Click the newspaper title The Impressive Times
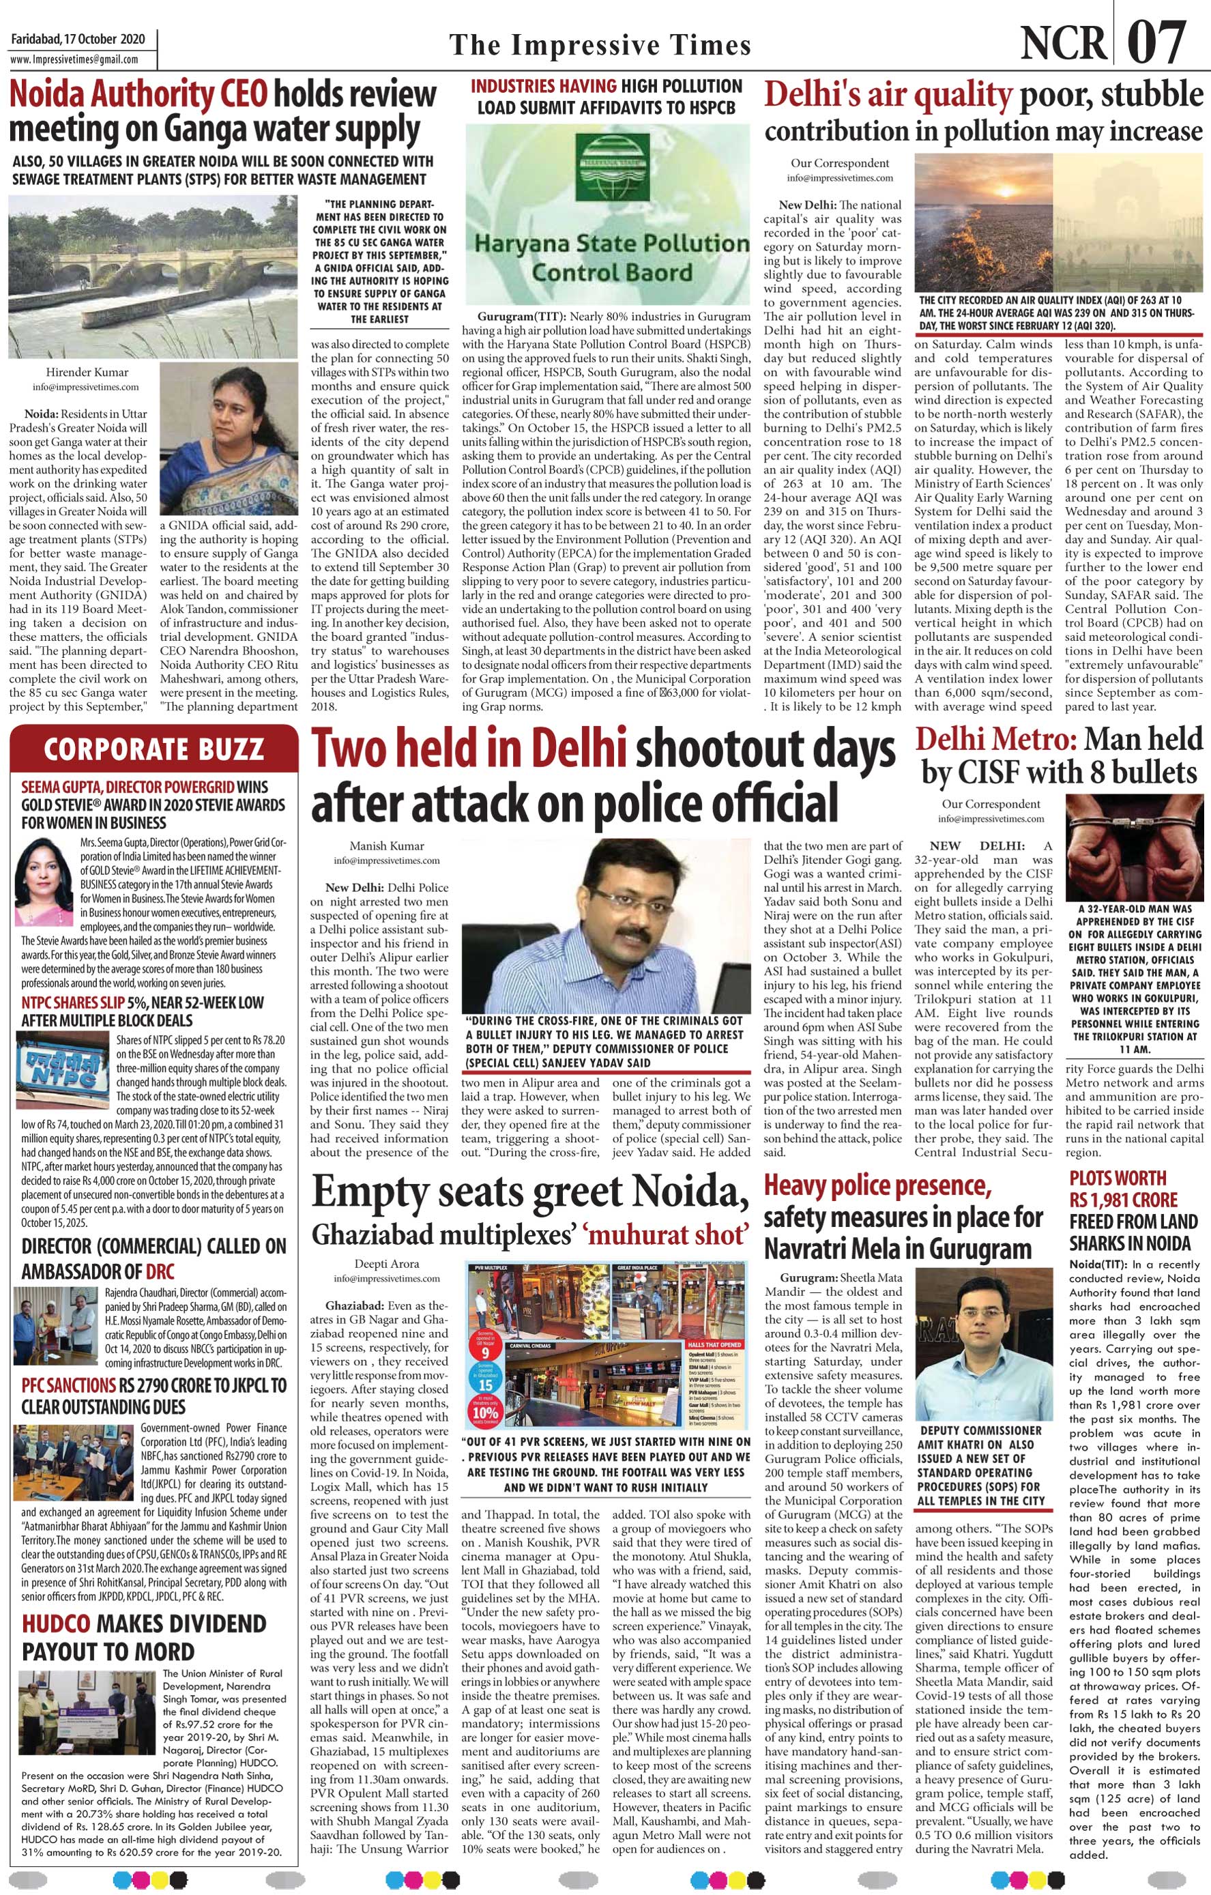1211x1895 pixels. coord(600,45)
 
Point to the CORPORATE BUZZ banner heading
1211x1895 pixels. coord(154,749)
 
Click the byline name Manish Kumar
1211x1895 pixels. coord(375,846)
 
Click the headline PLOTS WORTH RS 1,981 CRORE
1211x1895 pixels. coord(1123,1189)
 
